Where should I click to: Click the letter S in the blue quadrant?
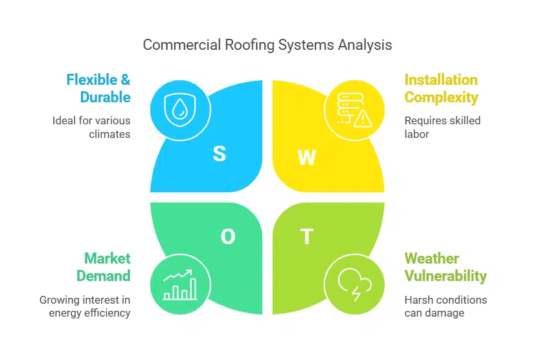point(220,153)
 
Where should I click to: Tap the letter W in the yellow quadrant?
point(306,157)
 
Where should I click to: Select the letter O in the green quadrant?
point(228,237)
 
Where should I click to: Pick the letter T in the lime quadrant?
point(306,237)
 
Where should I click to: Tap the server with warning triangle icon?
point(350,109)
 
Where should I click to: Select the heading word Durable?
point(105,98)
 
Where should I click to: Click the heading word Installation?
point(441,80)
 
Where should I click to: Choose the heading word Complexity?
point(441,98)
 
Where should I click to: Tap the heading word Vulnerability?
point(446,276)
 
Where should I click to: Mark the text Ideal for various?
point(91,120)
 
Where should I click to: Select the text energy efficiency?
point(89,313)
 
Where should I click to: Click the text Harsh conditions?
point(446,300)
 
